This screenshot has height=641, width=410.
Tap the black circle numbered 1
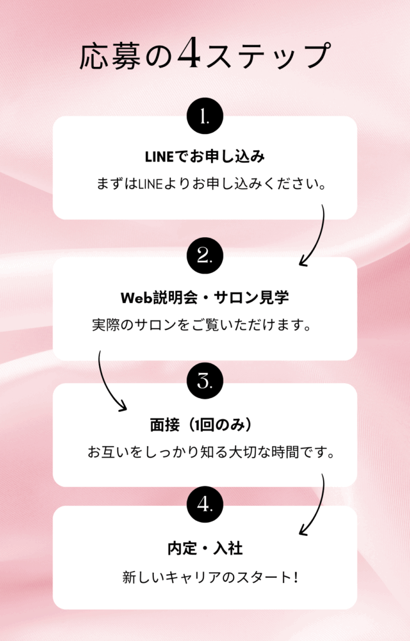pyautogui.click(x=205, y=116)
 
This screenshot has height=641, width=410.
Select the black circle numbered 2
pyautogui.click(x=205, y=255)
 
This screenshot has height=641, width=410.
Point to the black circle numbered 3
pyautogui.click(x=205, y=380)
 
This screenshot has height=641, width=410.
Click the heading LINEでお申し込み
pyautogui.click(x=205, y=155)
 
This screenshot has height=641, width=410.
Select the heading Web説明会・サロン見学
pyautogui.click(x=205, y=296)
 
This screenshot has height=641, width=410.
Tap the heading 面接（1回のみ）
pyautogui.click(x=205, y=425)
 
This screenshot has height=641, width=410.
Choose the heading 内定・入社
pyautogui.click(x=205, y=549)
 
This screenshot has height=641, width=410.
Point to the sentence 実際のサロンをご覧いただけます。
pyautogui.click(x=202, y=326)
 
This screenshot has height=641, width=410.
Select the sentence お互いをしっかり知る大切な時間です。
pyautogui.click(x=210, y=452)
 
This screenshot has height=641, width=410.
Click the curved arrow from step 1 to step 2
pyautogui.click(x=316, y=238)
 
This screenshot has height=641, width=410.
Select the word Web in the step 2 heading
pyautogui.click(x=133, y=296)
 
